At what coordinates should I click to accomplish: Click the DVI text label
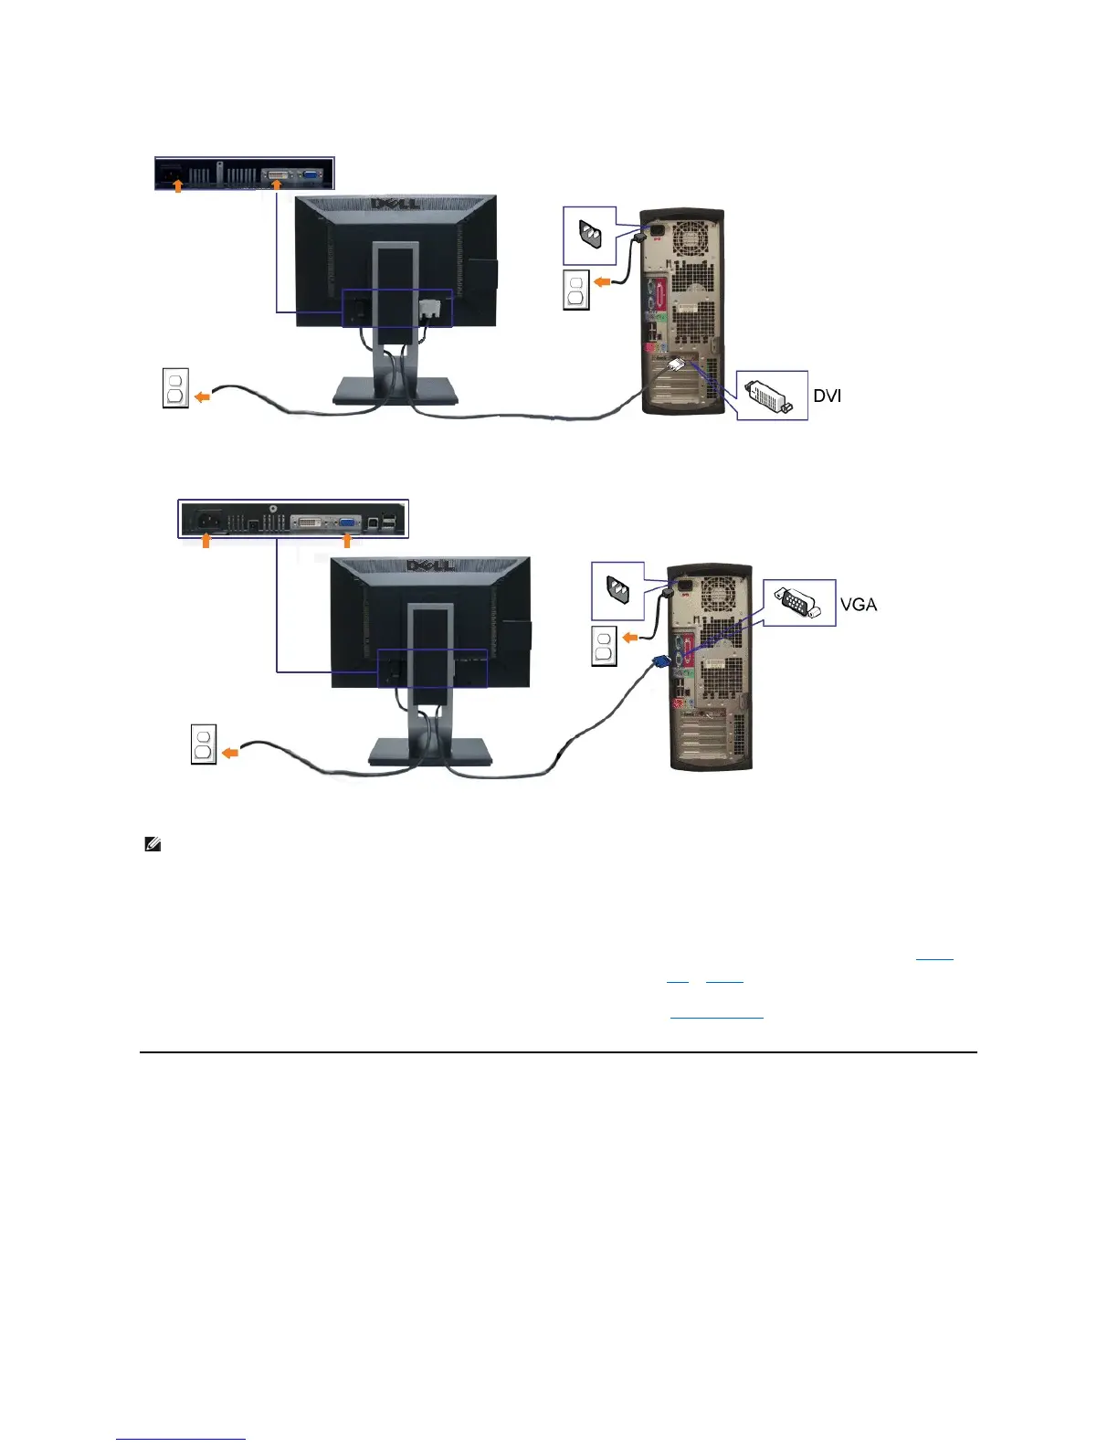pyautogui.click(x=828, y=396)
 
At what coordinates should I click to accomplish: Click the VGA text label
pyautogui.click(x=859, y=605)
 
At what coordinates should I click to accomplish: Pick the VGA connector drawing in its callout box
pyautogui.click(x=798, y=604)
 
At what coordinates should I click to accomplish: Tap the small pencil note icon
pyautogui.click(x=153, y=845)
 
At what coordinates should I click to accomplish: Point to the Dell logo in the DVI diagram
pyautogui.click(x=395, y=203)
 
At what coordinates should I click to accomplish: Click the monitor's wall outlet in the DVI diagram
pyautogui.click(x=175, y=387)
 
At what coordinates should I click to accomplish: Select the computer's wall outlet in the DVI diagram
pyautogui.click(x=576, y=290)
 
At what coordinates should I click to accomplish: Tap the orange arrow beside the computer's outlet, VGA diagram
pyautogui.click(x=631, y=637)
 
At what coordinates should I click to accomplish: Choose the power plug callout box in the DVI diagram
pyautogui.click(x=590, y=236)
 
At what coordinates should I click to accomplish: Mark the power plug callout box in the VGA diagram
pyautogui.click(x=617, y=591)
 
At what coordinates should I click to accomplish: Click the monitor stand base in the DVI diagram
pyautogui.click(x=395, y=392)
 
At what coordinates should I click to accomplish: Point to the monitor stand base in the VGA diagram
pyautogui.click(x=430, y=751)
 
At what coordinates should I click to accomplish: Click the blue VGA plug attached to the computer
pyautogui.click(x=659, y=663)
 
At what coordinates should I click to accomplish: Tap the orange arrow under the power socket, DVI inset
pyautogui.click(x=179, y=186)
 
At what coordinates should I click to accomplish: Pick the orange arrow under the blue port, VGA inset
pyautogui.click(x=347, y=542)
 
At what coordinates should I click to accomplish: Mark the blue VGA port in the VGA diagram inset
pyautogui.click(x=349, y=523)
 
